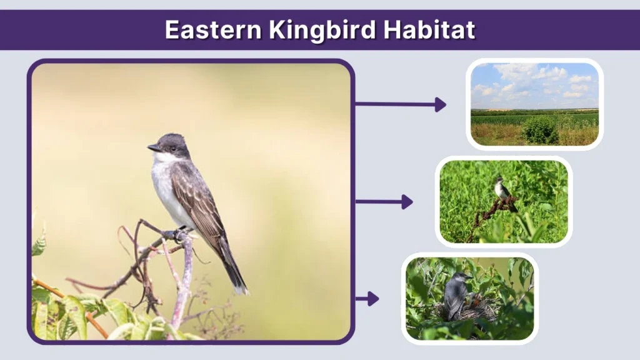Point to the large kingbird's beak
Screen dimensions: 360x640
[x=153, y=148]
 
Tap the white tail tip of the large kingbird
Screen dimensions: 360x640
[x=241, y=289]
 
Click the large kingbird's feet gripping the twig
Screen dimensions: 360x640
[x=179, y=234]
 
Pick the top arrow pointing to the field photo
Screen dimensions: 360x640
[x=401, y=104]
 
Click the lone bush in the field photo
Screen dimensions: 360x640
[x=541, y=131]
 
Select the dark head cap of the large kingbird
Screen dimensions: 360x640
[x=171, y=139]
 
